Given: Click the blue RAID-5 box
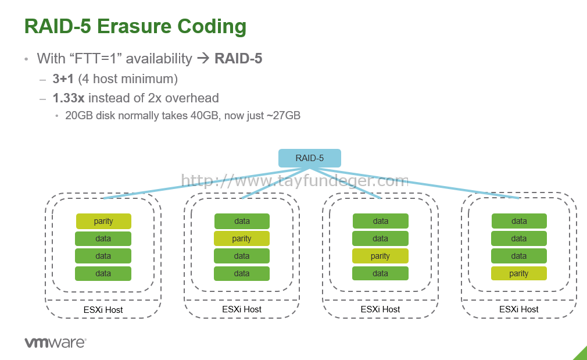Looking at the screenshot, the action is coord(310,158).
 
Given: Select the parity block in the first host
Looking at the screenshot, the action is coord(103,221).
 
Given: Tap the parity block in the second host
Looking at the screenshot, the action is coord(241,238).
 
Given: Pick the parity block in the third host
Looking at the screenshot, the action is coord(380,256).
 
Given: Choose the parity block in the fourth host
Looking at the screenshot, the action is coord(519,273).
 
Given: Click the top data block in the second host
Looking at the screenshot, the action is coord(242,221).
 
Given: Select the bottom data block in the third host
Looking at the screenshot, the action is coord(380,273).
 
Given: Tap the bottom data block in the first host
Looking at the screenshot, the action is coord(103,273).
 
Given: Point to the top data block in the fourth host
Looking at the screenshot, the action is coord(519,221).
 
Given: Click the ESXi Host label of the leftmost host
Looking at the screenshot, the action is coord(103,310).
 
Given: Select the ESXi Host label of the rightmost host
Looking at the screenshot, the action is coord(519,309).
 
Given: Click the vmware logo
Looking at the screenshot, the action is coord(55,343).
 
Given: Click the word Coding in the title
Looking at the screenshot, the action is coord(212,27).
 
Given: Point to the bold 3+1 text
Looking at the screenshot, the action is coord(63,79).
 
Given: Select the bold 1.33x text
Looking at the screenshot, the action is coord(69,98).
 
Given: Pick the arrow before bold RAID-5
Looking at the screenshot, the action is coord(203,58).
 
